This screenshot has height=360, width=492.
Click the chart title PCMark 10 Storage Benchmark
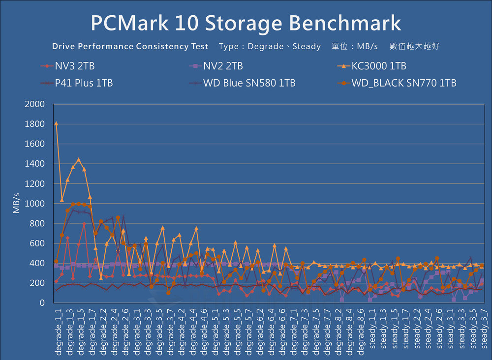pos(246,23)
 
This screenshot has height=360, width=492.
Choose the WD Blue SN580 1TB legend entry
pos(249,83)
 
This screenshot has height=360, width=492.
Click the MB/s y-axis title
pos(17,204)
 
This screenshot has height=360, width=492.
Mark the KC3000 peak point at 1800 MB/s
pos(56,124)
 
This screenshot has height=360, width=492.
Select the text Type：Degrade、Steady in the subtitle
pos(270,47)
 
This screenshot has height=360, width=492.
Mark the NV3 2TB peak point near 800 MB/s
pos(84,224)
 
